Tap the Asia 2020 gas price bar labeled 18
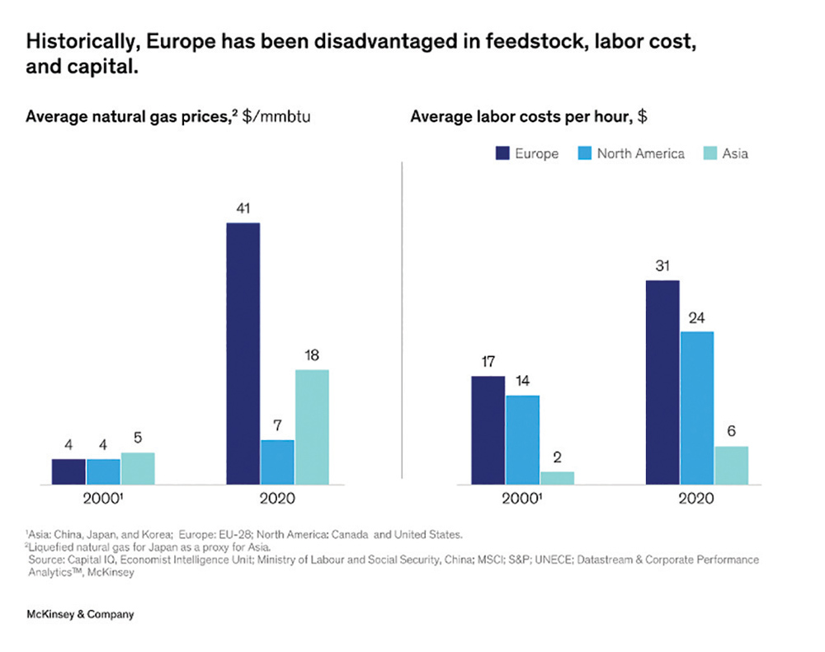(x=312, y=426)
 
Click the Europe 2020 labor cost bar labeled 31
(x=662, y=382)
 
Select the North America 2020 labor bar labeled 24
(x=697, y=407)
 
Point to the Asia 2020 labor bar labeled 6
(x=731, y=465)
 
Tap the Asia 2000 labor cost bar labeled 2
(x=557, y=477)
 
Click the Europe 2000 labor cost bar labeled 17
(x=488, y=429)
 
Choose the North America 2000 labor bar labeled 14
(x=522, y=439)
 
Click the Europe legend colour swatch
(x=501, y=153)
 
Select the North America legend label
(x=640, y=153)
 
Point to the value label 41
(x=243, y=209)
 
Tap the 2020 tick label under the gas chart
(x=277, y=500)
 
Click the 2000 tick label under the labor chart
(x=521, y=500)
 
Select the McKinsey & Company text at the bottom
(x=80, y=614)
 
